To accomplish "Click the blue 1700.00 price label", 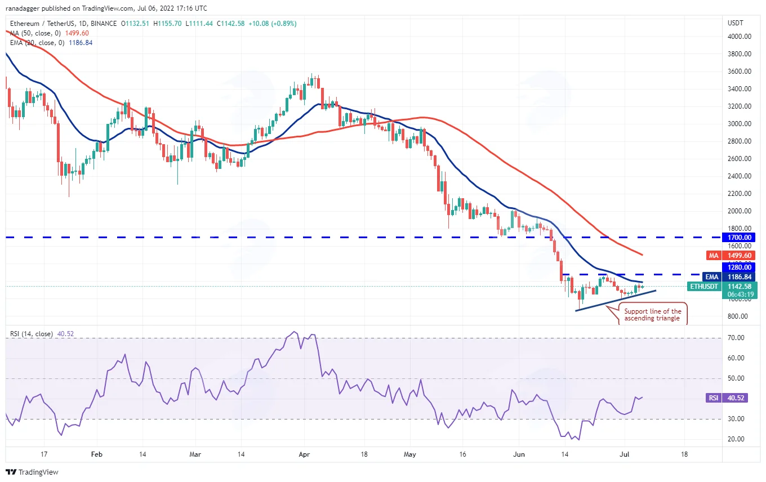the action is (738, 237).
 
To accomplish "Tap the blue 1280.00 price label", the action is (738, 267).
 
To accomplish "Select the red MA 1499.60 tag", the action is (731, 255).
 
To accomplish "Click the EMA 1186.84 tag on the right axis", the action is (728, 277).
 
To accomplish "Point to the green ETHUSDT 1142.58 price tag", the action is (722, 287).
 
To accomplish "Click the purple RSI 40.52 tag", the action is (727, 398).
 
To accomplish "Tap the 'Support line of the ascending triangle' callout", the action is (652, 315).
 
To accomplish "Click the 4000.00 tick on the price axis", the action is (740, 37).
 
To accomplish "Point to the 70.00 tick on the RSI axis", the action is (736, 338).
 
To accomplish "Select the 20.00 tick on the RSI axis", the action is (736, 439).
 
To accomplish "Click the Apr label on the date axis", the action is (304, 454).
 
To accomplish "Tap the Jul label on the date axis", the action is (625, 454).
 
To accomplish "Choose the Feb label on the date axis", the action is (97, 454).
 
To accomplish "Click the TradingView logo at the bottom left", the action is (32, 472).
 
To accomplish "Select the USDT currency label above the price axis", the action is (735, 23).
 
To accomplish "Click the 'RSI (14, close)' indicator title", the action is (32, 334).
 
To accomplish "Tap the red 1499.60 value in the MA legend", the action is (77, 33).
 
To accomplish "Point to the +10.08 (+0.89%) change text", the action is (273, 24).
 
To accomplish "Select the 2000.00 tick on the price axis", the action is (740, 211).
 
